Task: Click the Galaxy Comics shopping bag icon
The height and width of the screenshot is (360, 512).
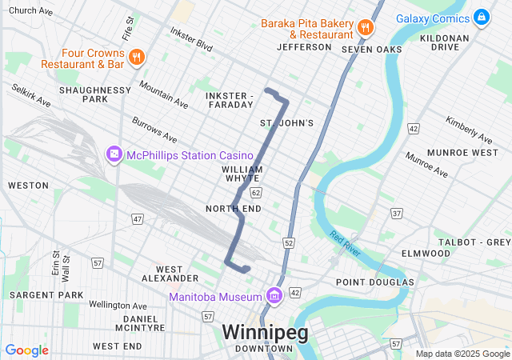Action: pyautogui.click(x=481, y=16)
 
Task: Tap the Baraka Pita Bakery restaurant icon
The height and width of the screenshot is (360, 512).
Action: pyautogui.click(x=365, y=26)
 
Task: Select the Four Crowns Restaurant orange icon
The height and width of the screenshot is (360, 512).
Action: pyautogui.click(x=137, y=57)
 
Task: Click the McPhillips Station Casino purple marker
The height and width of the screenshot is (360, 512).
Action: pyautogui.click(x=114, y=154)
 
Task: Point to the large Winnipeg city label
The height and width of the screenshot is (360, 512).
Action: pyautogui.click(x=263, y=331)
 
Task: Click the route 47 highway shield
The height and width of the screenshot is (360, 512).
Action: pyautogui.click(x=138, y=218)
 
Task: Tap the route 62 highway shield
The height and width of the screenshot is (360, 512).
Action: pyautogui.click(x=255, y=193)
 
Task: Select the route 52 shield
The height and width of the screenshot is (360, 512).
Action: pyautogui.click(x=289, y=242)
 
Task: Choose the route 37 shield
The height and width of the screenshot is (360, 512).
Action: pyautogui.click(x=397, y=213)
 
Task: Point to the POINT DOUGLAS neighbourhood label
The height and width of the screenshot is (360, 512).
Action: pyautogui.click(x=375, y=282)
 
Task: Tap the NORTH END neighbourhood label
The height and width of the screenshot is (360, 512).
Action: pyautogui.click(x=233, y=209)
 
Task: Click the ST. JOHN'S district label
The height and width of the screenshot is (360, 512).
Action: pyautogui.click(x=286, y=122)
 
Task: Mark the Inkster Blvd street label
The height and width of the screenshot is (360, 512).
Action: pyautogui.click(x=192, y=39)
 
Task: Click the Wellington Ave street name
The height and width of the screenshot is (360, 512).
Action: pyautogui.click(x=118, y=306)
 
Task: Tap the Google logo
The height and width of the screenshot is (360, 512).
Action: pyautogui.click(x=27, y=350)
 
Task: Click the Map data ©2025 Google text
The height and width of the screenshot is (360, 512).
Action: pyautogui.click(x=462, y=354)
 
